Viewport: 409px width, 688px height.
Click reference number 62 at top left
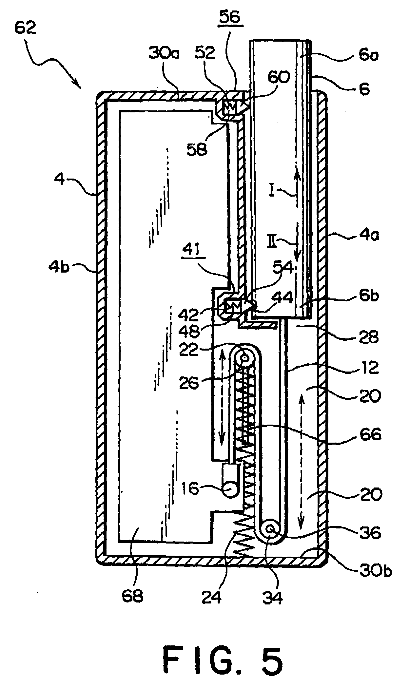click(x=26, y=29)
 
